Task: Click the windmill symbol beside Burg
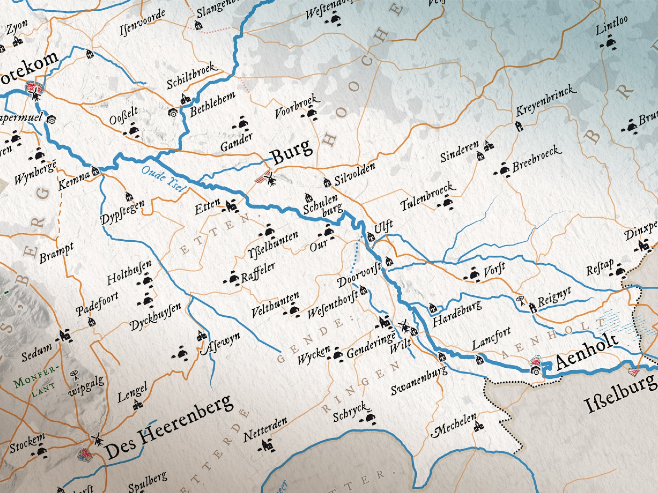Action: (271, 179)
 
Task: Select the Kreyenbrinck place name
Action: (546, 101)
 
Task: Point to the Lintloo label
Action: (612, 25)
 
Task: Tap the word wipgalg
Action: (86, 386)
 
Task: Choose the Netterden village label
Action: (265, 429)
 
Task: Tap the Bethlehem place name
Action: (213, 104)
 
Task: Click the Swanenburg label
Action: (419, 380)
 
